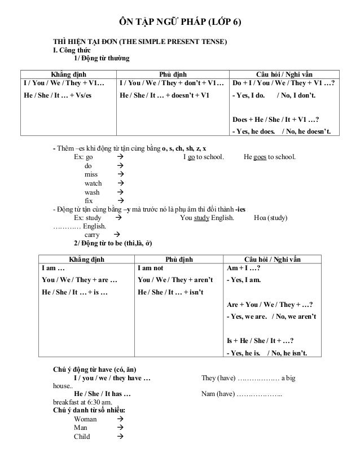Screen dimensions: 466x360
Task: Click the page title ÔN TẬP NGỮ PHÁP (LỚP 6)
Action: [180, 23]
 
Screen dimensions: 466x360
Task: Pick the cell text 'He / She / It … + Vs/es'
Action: [57, 95]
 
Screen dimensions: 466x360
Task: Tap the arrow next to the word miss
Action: [119, 175]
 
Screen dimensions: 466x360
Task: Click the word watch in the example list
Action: [93, 183]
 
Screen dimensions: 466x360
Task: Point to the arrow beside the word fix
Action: [119, 201]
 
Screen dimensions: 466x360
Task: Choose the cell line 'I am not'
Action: [150, 269]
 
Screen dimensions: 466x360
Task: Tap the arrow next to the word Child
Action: [119, 436]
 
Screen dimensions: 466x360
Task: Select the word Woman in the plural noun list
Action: [86, 419]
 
